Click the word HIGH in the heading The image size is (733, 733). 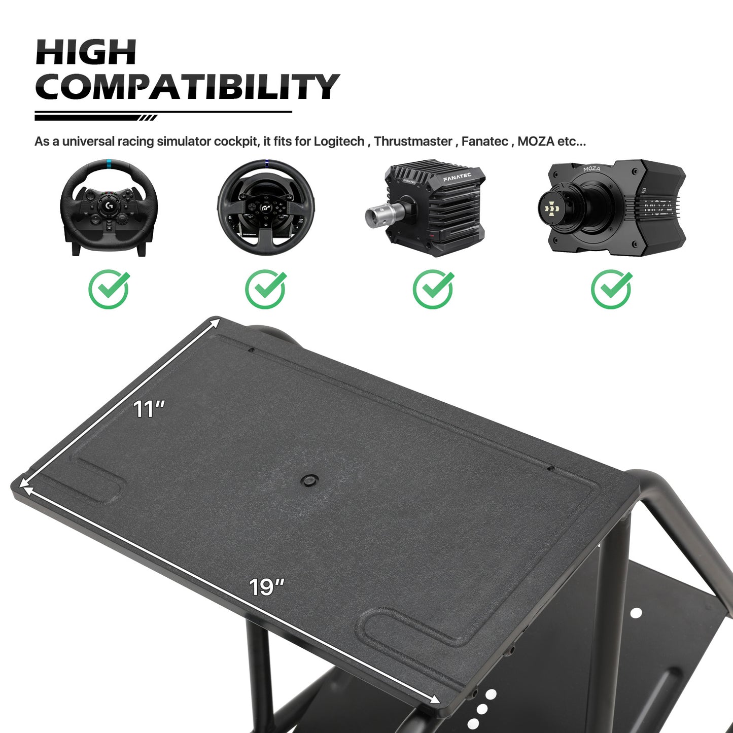(86, 52)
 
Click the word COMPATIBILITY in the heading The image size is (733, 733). (187, 87)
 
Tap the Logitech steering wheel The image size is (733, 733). (109, 207)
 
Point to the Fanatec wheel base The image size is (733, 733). (425, 207)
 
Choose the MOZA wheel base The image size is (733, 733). (612, 207)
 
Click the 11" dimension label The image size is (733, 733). (149, 409)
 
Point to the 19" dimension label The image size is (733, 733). (267, 587)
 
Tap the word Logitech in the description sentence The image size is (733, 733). (339, 142)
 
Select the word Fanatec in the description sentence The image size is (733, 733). (484, 142)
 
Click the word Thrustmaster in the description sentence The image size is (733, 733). (413, 142)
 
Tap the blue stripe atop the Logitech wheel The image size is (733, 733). (109, 164)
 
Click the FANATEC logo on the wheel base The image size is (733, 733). (457, 177)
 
